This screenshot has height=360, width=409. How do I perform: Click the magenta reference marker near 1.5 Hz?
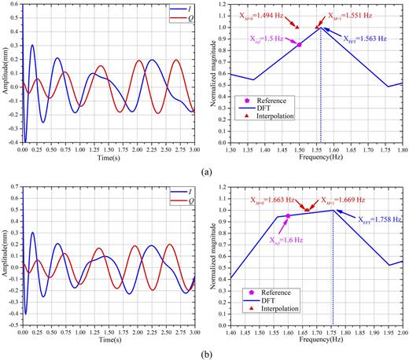pos(299,45)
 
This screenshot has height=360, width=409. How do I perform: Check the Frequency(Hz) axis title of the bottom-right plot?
pos(315,342)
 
